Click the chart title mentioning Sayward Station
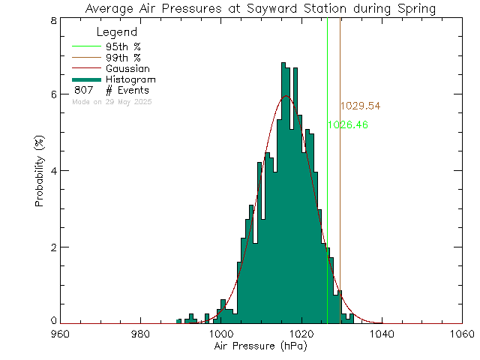click(260, 9)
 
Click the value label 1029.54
click(360, 106)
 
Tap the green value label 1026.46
click(348, 125)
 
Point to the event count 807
click(83, 91)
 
